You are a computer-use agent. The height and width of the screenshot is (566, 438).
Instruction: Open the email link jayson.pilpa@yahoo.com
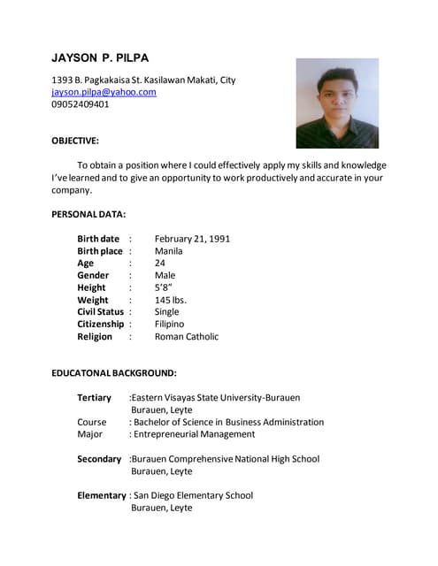pos(104,92)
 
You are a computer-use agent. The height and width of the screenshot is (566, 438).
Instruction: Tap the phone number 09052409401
pos(81,104)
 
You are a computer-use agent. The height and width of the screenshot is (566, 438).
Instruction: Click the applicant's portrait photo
pos(336,103)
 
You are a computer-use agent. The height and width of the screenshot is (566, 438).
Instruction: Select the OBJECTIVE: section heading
pos(75,141)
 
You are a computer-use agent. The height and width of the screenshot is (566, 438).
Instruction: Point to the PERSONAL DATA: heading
pos(88,214)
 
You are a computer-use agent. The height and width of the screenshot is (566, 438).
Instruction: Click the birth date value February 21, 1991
pos(192,239)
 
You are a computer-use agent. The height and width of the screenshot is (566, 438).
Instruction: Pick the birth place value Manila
pos(169,251)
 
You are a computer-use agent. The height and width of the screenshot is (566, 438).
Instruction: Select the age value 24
pos(160,264)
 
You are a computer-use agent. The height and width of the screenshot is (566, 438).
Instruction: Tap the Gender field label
pos(93,275)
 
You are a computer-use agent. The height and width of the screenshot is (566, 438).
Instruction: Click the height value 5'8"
pos(164,287)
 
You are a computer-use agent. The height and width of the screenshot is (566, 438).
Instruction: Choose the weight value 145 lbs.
pos(171,300)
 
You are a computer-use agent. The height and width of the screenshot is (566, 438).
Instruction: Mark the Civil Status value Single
pos(167,312)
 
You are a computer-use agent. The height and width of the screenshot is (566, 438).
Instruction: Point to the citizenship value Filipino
pos(170,325)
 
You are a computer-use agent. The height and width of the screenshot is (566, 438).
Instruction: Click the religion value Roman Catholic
pos(187,337)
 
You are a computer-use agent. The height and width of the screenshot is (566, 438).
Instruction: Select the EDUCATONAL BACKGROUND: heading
pos(114,373)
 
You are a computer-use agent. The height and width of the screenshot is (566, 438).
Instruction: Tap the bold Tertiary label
pos(95,398)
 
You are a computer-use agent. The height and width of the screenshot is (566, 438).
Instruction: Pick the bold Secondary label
pos(99,459)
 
